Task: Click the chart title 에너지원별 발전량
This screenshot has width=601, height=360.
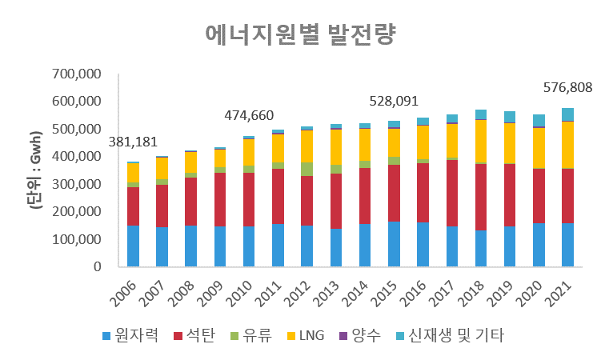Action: pyautogui.click(x=301, y=35)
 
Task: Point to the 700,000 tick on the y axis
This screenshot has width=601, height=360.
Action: pyautogui.click(x=76, y=74)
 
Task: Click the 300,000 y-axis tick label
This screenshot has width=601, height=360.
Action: pyautogui.click(x=76, y=185)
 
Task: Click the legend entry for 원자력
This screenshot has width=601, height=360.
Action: pyautogui.click(x=131, y=335)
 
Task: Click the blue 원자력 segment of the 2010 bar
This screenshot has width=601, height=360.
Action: pyautogui.click(x=249, y=246)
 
